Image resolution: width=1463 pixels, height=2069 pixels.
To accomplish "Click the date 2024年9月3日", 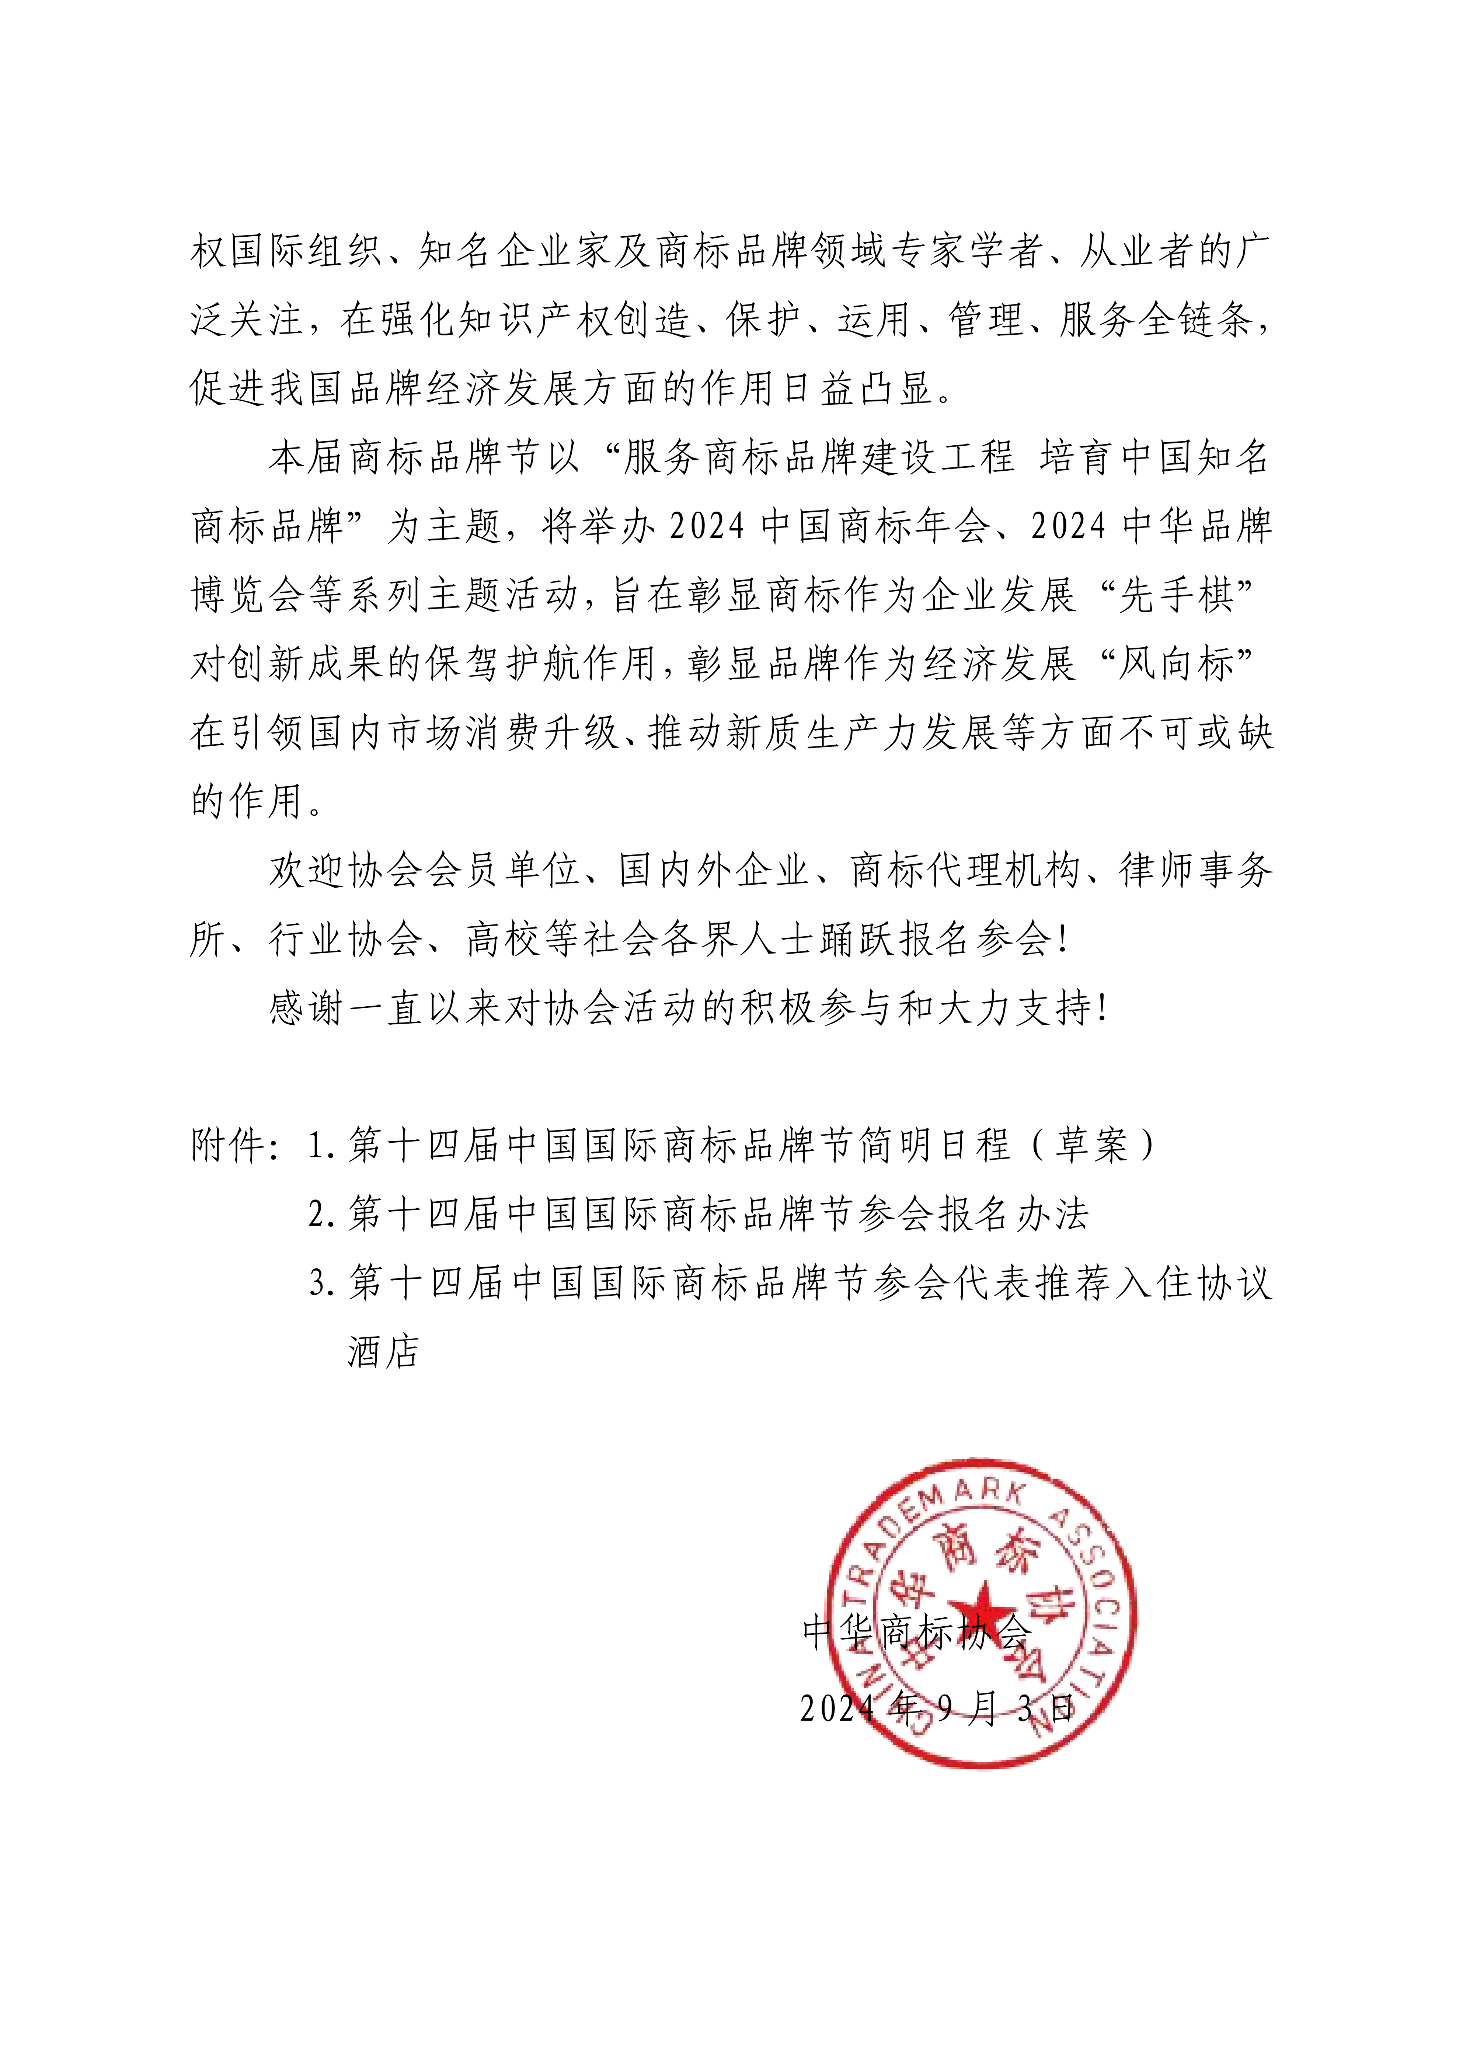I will pyautogui.click(x=937, y=1708).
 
